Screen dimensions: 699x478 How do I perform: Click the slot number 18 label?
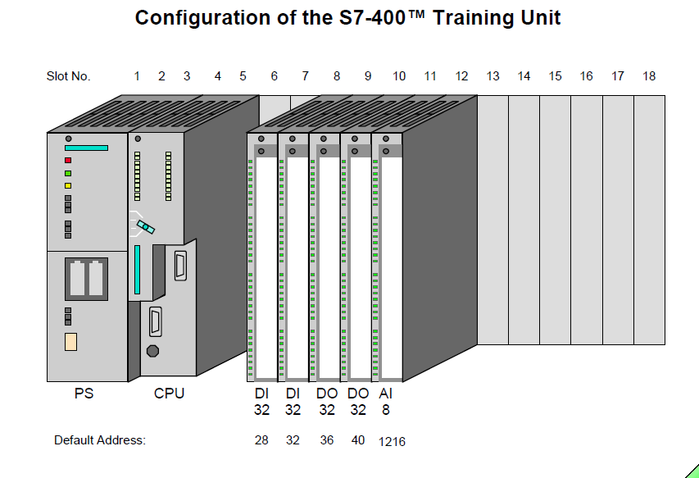[649, 76]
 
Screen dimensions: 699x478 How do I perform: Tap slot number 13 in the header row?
[492, 76]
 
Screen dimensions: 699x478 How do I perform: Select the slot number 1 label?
[137, 76]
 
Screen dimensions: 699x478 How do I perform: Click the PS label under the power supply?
[84, 394]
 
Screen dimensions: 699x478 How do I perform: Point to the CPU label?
[170, 394]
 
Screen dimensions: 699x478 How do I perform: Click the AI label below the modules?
[386, 394]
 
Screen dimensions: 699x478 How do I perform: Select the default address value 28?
[261, 440]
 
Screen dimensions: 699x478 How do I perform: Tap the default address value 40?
[358, 440]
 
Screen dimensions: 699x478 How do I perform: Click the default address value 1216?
[392, 442]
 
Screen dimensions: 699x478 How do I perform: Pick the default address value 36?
[327, 440]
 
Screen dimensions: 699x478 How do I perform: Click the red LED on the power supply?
[68, 161]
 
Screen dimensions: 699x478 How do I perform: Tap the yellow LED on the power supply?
[68, 186]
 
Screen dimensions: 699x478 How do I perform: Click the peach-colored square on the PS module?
[70, 343]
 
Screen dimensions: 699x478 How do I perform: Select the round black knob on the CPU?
[152, 351]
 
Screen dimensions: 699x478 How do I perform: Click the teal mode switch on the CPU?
[145, 225]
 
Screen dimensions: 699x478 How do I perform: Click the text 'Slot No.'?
[68, 76]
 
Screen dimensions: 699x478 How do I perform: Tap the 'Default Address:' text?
[100, 440]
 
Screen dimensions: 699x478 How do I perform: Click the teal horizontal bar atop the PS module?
[86, 148]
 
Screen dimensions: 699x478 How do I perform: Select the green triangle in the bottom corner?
[690, 470]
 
